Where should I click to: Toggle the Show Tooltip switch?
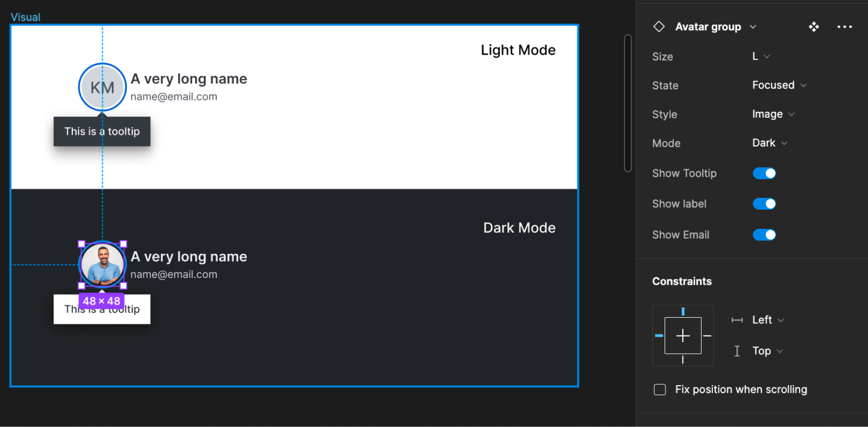click(x=764, y=173)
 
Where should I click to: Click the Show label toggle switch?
click(x=764, y=204)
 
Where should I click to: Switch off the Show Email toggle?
click(x=764, y=235)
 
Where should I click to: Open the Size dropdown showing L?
click(x=760, y=56)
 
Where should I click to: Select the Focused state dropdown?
click(x=779, y=85)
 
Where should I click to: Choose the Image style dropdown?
click(x=773, y=114)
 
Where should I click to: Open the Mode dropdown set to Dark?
click(x=769, y=143)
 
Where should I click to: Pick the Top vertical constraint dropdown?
click(x=767, y=351)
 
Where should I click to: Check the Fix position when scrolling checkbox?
click(x=660, y=389)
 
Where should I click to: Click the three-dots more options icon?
click(x=844, y=27)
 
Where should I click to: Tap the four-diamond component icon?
click(x=814, y=27)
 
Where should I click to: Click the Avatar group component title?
click(x=708, y=27)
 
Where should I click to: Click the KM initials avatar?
click(x=102, y=87)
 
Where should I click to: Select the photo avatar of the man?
click(x=102, y=265)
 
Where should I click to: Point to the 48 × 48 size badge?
click(x=101, y=301)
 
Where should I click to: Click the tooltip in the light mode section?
click(x=102, y=132)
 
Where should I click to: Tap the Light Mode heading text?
click(x=518, y=50)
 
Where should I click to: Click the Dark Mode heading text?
click(x=519, y=228)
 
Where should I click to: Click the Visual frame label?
click(x=26, y=17)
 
